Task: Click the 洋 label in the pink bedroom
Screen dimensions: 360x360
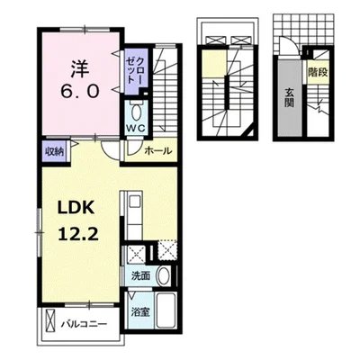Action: point(80,68)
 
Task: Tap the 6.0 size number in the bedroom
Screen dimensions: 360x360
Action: point(80,91)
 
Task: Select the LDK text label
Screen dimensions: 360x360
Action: point(76,208)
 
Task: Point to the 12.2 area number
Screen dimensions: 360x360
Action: point(78,234)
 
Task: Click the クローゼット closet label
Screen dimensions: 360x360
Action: point(136,71)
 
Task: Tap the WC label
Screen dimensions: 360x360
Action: point(135,128)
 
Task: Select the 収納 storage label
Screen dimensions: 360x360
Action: point(54,152)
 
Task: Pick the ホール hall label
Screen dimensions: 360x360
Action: point(158,150)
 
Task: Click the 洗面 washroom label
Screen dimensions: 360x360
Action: point(140,275)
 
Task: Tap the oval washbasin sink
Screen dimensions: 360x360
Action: point(164,275)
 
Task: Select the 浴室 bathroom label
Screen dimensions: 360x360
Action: point(140,312)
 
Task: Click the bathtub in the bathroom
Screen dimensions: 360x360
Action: point(167,310)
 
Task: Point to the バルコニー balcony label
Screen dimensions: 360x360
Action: point(85,324)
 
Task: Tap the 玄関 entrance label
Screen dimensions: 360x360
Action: point(289,98)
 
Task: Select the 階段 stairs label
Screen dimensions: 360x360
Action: point(318,72)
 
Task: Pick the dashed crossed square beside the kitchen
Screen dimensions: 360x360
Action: point(167,251)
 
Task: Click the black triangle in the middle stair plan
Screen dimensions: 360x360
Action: point(251,132)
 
